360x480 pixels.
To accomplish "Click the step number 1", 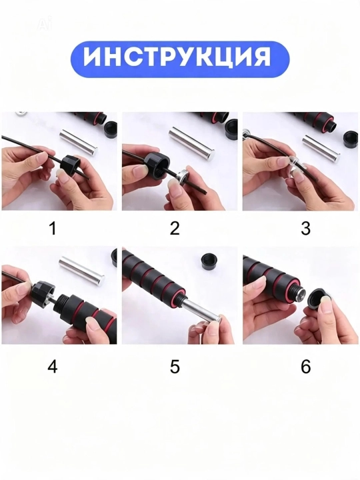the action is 53,229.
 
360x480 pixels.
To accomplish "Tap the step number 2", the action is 175,229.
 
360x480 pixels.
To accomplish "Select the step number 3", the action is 305,229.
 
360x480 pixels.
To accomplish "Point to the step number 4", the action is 53,366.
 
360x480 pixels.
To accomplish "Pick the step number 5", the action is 175,367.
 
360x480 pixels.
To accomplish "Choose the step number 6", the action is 305,367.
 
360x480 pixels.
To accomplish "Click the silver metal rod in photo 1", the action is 79,142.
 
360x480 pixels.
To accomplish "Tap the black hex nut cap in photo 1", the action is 71,165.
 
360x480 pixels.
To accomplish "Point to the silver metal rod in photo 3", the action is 321,149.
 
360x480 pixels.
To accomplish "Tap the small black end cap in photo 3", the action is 351,137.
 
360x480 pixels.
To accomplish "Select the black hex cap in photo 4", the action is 42,293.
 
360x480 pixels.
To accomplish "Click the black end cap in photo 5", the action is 211,262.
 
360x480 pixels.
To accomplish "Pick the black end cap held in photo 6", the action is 317,301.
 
